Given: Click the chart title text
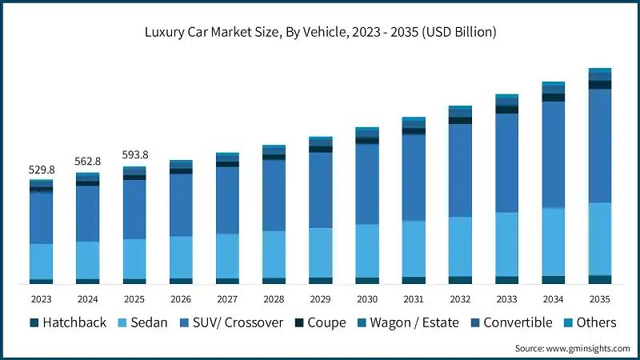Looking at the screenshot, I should pyautogui.click(x=320, y=32).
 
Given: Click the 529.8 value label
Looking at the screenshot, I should pyautogui.click(x=42, y=170).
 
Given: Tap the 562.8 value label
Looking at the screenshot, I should pyautogui.click(x=88, y=162).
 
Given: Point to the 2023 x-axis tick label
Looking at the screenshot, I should pyautogui.click(x=42, y=298).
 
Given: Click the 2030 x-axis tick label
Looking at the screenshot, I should pyautogui.click(x=367, y=298).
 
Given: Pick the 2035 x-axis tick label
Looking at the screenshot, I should pyautogui.click(x=600, y=298).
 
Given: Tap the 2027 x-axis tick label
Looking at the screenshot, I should pyautogui.click(x=227, y=298).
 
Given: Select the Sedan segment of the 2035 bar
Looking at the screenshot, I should pyautogui.click(x=600, y=238).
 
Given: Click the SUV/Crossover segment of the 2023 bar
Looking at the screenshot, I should pyautogui.click(x=42, y=218).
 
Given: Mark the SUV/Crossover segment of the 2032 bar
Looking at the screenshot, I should pyautogui.click(x=460, y=170).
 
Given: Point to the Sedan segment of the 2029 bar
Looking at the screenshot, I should pyautogui.click(x=321, y=252).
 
